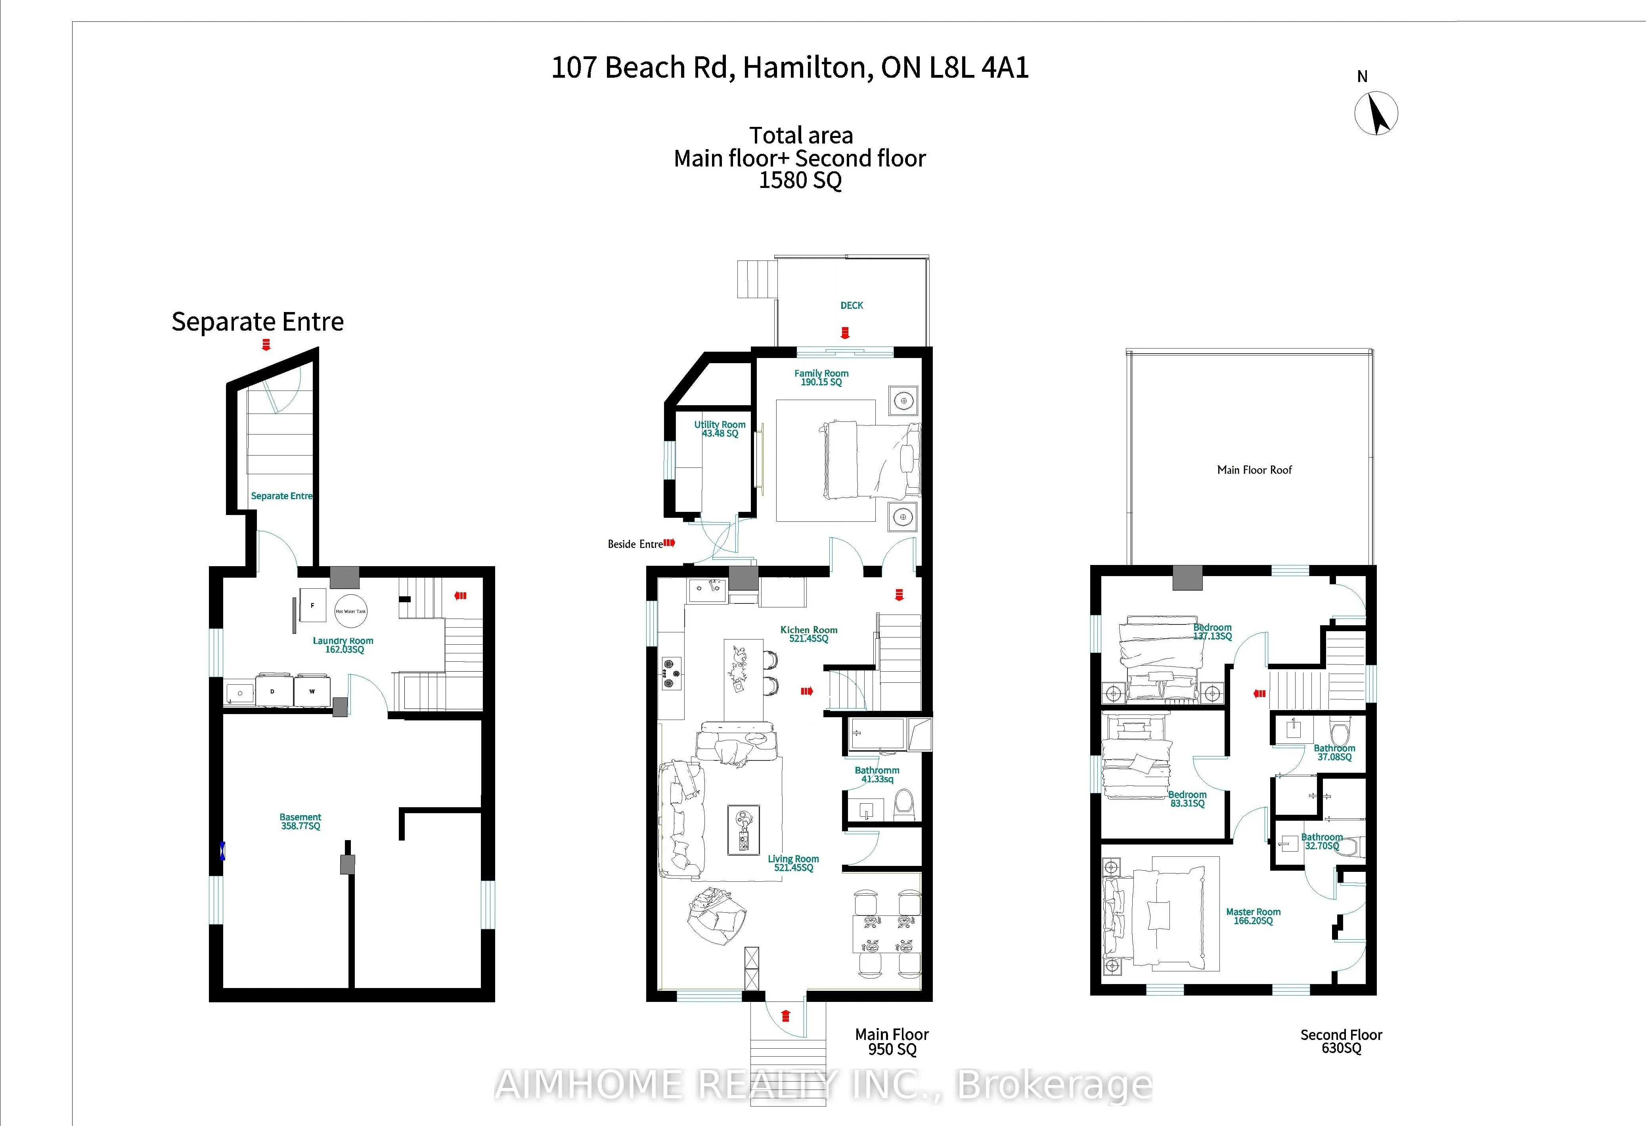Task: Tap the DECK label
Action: pos(851,305)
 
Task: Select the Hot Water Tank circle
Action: pos(350,611)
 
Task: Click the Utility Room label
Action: pos(720,429)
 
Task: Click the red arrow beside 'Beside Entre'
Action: pos(669,543)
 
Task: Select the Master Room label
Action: pos(1253,916)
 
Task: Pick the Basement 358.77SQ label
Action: pos(300,822)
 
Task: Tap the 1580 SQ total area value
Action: pos(800,180)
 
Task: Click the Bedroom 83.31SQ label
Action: pos(1187,799)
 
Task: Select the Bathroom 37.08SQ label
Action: pos(1334,752)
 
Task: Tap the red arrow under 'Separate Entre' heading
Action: pos(266,345)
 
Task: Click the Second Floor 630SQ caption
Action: pos(1341,1041)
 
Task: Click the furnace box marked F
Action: pos(312,605)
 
